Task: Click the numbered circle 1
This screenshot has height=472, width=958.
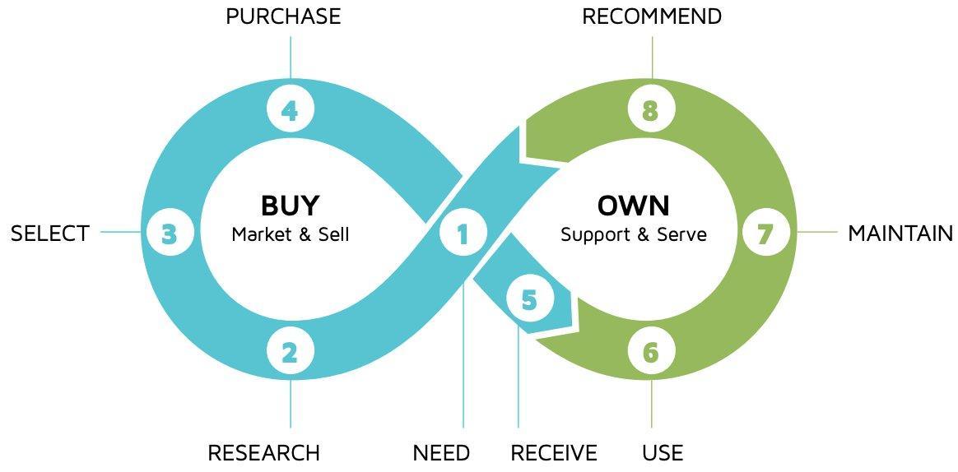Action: pyautogui.click(x=463, y=234)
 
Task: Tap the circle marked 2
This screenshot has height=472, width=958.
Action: pyautogui.click(x=290, y=353)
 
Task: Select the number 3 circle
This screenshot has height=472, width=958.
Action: pyautogui.click(x=170, y=234)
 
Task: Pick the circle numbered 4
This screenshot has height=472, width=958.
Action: pyautogui.click(x=290, y=111)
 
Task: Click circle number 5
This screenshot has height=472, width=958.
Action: pyautogui.click(x=528, y=300)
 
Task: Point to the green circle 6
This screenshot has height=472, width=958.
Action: pyautogui.click(x=651, y=353)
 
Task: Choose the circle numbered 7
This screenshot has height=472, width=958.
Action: pyautogui.click(x=765, y=234)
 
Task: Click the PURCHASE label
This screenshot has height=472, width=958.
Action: pyautogui.click(x=283, y=16)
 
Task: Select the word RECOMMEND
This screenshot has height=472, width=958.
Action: pyautogui.click(x=652, y=16)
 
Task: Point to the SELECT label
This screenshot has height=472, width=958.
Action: pyautogui.click(x=49, y=234)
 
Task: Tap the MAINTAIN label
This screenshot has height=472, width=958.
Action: pyautogui.click(x=900, y=234)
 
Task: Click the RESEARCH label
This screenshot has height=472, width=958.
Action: pyautogui.click(x=263, y=453)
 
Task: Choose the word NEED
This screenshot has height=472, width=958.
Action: pyautogui.click(x=441, y=453)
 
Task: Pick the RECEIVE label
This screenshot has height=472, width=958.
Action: pyautogui.click(x=554, y=453)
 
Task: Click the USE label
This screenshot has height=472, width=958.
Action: pyautogui.click(x=663, y=453)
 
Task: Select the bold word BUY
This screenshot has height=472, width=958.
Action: pyautogui.click(x=290, y=205)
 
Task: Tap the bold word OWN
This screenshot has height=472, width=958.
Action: pyautogui.click(x=634, y=205)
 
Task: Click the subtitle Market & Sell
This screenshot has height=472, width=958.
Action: pyautogui.click(x=291, y=234)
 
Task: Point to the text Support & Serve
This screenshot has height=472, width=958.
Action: pyautogui.click(x=634, y=234)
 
